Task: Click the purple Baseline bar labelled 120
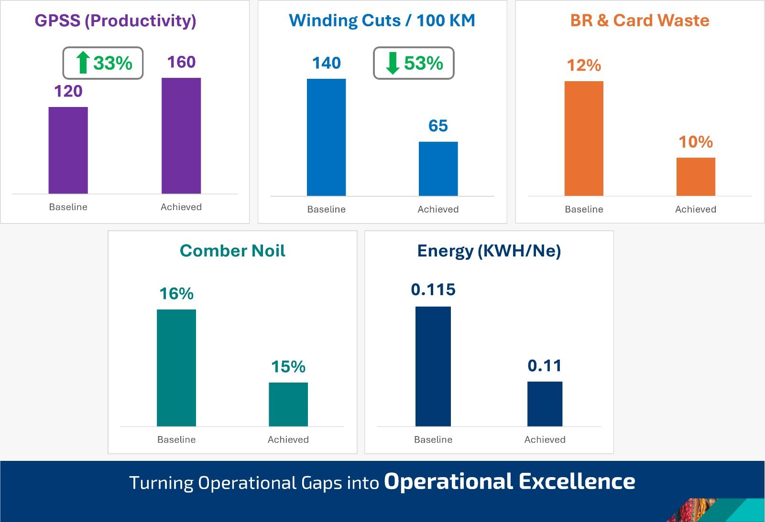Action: (x=68, y=150)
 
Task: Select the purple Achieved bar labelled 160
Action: (x=181, y=136)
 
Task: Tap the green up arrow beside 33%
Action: (x=83, y=63)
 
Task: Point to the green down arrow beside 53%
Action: (x=393, y=63)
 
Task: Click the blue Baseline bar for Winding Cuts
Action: (x=326, y=137)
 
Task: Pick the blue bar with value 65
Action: (x=438, y=169)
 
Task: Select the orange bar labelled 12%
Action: (x=584, y=138)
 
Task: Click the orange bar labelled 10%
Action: (x=696, y=177)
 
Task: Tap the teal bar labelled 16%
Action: (x=176, y=368)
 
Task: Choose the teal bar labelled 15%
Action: (x=288, y=404)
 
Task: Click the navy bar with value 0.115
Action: (x=433, y=366)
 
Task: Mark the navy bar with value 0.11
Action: (x=545, y=404)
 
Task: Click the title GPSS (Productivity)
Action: (x=115, y=21)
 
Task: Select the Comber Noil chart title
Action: (x=232, y=251)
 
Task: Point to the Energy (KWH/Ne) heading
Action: (x=489, y=251)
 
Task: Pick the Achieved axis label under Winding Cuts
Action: (x=438, y=209)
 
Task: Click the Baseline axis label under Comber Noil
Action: (x=176, y=439)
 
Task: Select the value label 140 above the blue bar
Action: (x=327, y=63)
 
